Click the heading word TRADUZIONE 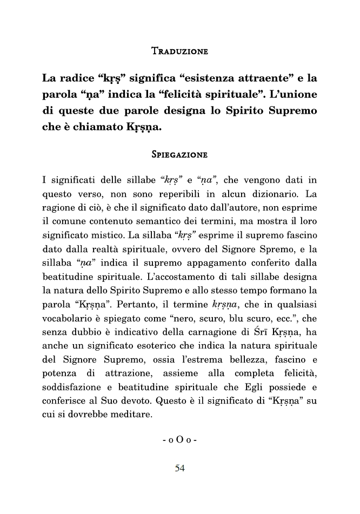tap(180, 52)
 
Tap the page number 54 tap(180, 469)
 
